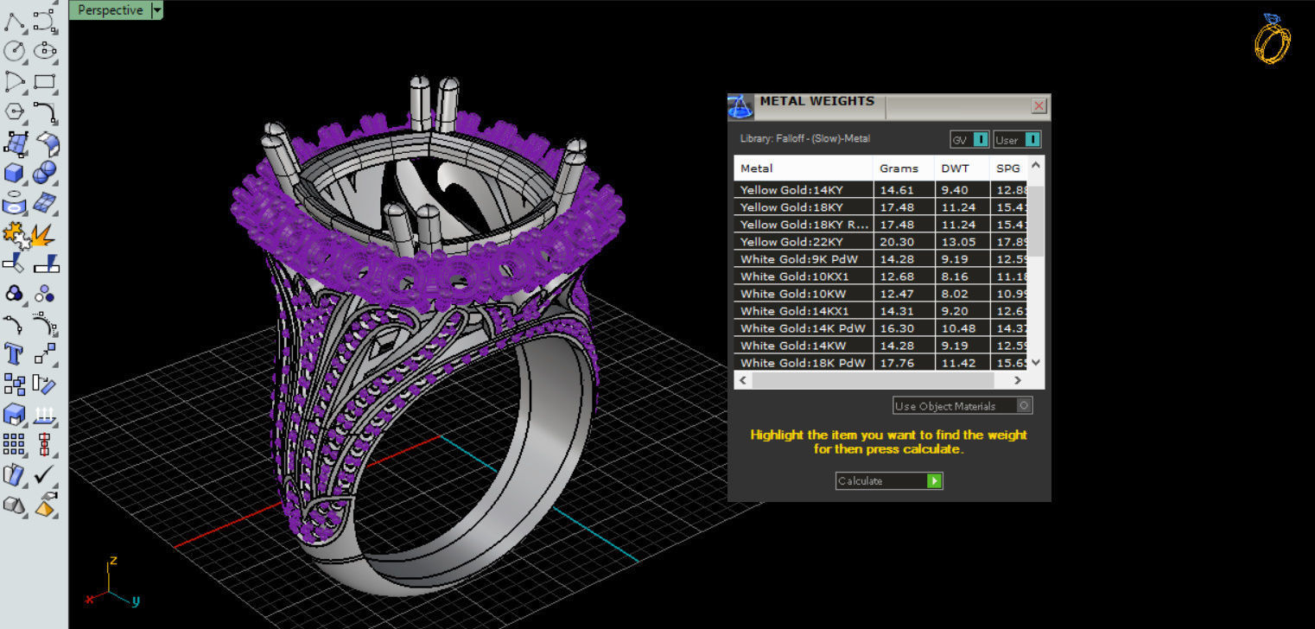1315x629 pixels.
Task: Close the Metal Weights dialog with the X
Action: coord(1039,105)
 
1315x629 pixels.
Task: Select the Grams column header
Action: coord(899,168)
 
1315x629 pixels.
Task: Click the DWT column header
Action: coord(955,168)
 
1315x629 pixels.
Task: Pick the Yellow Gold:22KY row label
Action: coord(791,242)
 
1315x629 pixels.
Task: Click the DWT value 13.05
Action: coord(956,242)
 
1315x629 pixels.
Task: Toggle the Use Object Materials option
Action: coord(1024,405)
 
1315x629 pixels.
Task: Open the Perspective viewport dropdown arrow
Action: coord(156,10)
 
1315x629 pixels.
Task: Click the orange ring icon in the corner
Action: coord(1272,39)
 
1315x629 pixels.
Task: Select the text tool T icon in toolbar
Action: coord(14,353)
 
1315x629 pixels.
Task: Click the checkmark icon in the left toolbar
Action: coord(44,474)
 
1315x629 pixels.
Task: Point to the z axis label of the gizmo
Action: coord(113,561)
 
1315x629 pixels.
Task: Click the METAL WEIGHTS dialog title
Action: coord(816,101)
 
